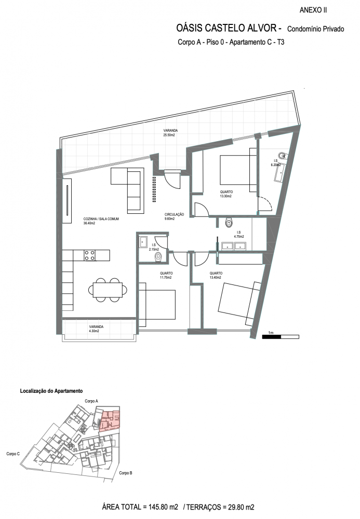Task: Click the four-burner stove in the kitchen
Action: pos(90,255)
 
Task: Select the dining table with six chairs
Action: pos(108,290)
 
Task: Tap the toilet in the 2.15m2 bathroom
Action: pos(158,257)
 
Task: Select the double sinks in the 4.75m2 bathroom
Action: pos(234,246)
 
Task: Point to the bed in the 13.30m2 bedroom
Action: pos(238,170)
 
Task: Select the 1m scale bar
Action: pos(281,337)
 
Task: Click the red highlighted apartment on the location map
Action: pos(110,420)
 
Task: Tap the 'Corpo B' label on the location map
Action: pos(126,473)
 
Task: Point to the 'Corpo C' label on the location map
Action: pos(13,454)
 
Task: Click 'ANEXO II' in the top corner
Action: pos(313,10)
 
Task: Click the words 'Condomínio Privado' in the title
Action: pos(316,29)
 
